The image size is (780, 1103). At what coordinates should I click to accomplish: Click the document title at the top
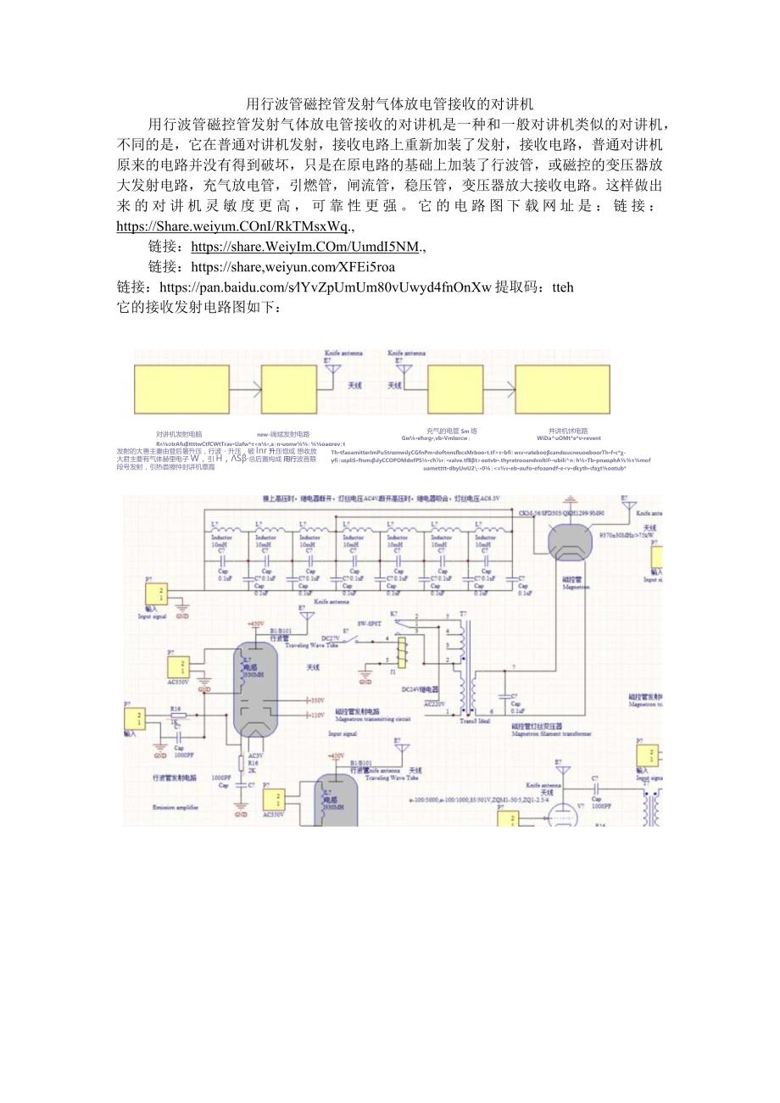click(389, 104)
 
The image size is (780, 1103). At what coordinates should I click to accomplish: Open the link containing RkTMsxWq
click(234, 226)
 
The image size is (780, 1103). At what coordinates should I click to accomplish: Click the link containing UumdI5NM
click(305, 247)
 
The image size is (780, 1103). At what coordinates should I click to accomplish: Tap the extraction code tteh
click(560, 287)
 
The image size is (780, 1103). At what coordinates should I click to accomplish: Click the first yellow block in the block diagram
click(181, 389)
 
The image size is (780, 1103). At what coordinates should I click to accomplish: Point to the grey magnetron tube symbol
click(571, 543)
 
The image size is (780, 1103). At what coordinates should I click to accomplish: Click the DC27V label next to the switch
click(331, 638)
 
